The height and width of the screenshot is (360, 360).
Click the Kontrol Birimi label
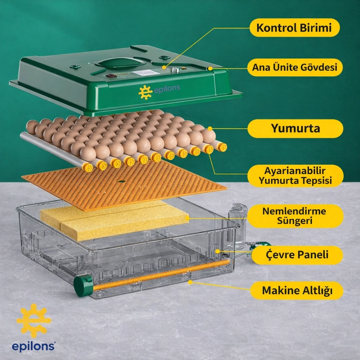pos(295,27)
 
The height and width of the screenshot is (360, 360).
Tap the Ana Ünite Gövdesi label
pos(295,67)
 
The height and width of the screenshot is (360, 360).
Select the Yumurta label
pos(295,128)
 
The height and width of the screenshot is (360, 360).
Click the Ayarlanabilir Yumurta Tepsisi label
pos(295,176)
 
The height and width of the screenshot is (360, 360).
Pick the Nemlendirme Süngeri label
pos(295,216)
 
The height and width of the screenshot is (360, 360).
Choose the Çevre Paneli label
pos(297,255)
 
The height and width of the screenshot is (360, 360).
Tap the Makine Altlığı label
pos(297,290)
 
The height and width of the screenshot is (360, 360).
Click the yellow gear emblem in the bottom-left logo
pos(34,321)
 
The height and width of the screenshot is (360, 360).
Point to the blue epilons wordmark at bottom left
pos(33,347)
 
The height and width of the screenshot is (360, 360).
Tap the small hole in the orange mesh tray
pos(121,181)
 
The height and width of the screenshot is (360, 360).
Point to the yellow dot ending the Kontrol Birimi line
pos(164,67)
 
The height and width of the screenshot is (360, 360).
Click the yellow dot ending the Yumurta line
pos(210,129)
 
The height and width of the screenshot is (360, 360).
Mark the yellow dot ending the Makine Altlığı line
pos(190,282)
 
